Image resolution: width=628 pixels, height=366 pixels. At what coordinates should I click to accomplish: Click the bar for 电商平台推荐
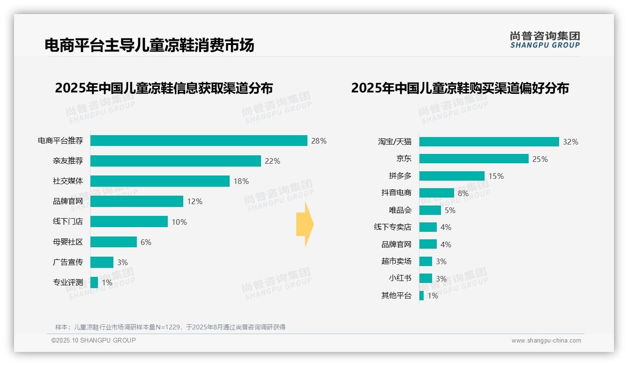(x=199, y=141)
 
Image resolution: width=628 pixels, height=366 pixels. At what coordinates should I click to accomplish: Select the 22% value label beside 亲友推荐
(x=272, y=161)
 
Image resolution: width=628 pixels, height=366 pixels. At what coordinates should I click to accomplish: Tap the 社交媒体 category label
(x=68, y=181)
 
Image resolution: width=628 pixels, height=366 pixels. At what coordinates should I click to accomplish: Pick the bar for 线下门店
(x=129, y=221)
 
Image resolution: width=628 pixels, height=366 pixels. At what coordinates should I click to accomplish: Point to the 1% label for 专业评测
(x=107, y=282)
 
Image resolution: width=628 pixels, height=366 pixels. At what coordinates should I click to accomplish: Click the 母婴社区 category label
(x=68, y=242)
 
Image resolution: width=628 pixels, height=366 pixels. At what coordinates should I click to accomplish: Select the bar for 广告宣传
(x=102, y=262)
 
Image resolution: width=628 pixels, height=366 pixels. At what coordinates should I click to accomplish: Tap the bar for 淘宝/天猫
(x=489, y=142)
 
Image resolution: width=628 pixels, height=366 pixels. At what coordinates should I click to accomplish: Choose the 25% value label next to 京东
(x=540, y=159)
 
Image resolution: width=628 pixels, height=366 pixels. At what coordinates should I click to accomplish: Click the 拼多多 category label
(x=400, y=176)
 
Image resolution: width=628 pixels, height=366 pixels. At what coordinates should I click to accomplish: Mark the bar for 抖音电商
(x=436, y=193)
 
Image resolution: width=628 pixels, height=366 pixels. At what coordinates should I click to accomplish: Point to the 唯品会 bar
(x=430, y=210)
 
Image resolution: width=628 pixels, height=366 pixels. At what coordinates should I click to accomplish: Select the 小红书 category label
(x=400, y=278)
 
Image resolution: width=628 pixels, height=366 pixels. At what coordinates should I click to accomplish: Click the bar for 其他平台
(x=421, y=296)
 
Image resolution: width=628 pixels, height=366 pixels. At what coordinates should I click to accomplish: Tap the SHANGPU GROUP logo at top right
(x=545, y=40)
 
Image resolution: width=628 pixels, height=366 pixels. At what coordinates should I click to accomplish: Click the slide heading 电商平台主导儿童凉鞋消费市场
(x=149, y=45)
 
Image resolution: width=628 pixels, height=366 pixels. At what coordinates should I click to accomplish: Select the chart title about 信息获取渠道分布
(x=164, y=88)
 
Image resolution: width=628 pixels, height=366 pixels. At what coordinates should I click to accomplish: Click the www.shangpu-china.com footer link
(x=546, y=341)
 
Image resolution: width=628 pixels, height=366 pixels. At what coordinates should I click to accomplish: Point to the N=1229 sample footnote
(x=170, y=327)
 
